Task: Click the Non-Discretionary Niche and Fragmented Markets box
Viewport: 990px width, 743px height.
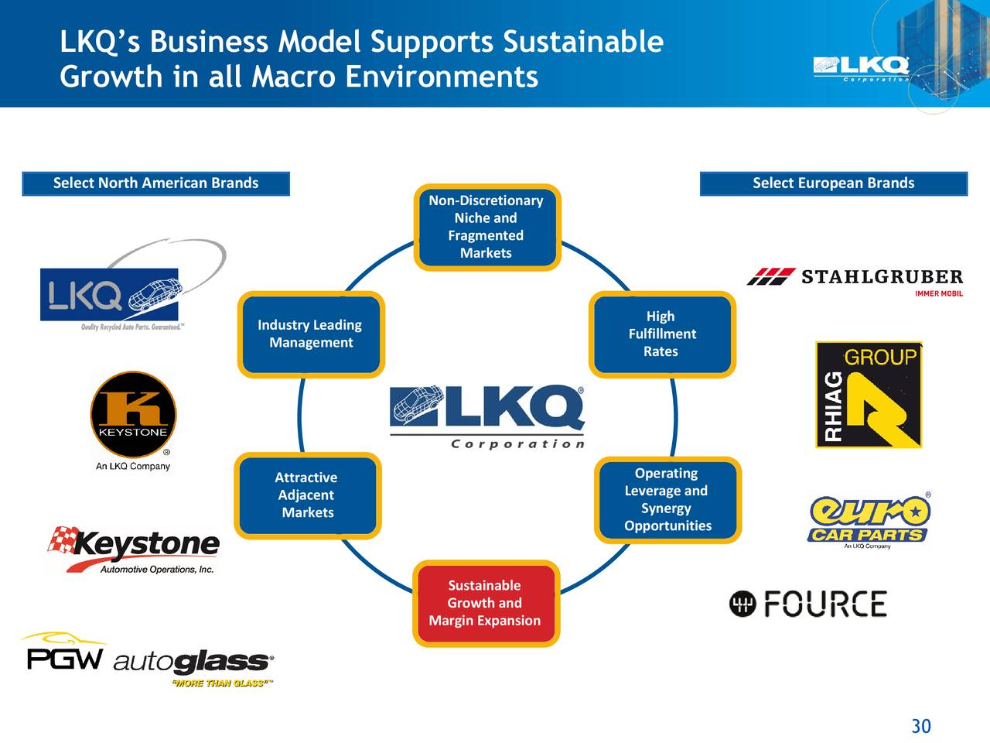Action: click(x=486, y=227)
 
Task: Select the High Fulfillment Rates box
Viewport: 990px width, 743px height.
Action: click(x=661, y=334)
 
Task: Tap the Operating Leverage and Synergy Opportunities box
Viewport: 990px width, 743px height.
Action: click(x=667, y=499)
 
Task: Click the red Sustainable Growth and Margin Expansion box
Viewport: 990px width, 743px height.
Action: click(x=486, y=603)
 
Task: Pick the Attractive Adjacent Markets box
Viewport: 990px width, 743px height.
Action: click(x=309, y=495)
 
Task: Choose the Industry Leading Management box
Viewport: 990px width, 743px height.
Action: click(x=310, y=334)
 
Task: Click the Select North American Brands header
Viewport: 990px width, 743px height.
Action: click(x=155, y=183)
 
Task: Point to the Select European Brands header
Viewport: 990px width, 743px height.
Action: click(x=833, y=183)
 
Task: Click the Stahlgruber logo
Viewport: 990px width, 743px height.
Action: click(x=855, y=280)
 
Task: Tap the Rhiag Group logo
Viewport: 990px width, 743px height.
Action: click(x=869, y=395)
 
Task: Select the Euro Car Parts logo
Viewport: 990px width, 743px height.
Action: click(x=869, y=521)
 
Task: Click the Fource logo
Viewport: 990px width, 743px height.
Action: click(x=808, y=604)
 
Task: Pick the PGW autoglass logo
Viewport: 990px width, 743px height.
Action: click(x=147, y=660)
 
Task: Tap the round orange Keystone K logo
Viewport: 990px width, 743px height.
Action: click(x=133, y=414)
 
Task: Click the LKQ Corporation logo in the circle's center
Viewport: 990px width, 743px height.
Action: click(x=487, y=416)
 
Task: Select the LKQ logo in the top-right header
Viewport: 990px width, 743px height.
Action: click(x=861, y=68)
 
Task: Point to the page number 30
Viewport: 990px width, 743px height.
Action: click(x=920, y=726)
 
